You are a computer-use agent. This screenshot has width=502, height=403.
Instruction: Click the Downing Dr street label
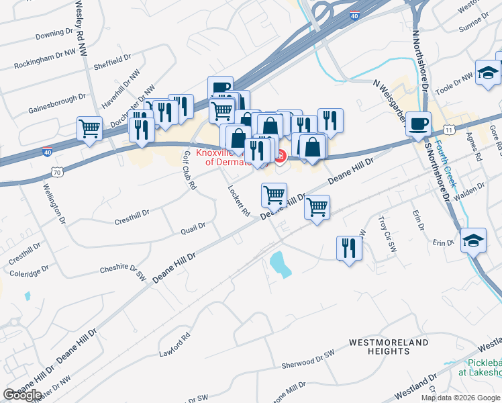click(54, 32)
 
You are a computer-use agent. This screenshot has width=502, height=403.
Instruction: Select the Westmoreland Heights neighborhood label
click(389, 347)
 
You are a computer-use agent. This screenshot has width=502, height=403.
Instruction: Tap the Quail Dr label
click(193, 230)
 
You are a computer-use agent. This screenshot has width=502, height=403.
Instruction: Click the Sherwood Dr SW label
click(307, 361)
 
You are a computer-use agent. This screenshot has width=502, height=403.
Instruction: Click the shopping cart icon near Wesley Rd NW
click(89, 128)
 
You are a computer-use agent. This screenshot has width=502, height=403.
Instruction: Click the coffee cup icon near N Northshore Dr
click(419, 124)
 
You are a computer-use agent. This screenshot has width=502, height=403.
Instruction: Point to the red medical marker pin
click(280, 156)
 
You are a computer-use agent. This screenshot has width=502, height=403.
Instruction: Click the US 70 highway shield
click(58, 173)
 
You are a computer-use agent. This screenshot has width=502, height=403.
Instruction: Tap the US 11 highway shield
click(448, 128)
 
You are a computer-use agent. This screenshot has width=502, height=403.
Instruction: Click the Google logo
click(22, 394)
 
